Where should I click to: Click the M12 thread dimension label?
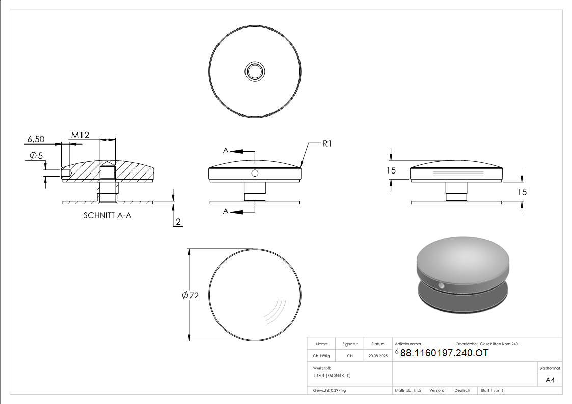pos(80,135)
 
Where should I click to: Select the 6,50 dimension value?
pos(36,139)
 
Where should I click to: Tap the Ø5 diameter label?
pos(36,156)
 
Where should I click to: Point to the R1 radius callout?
pos(327,143)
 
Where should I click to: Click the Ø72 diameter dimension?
pos(190,295)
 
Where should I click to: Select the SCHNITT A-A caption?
pos(107,215)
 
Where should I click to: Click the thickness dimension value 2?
pos(178,221)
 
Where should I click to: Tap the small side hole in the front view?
pos(255,174)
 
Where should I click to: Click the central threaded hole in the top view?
pos(255,71)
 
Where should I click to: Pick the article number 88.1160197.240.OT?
pos(444,353)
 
